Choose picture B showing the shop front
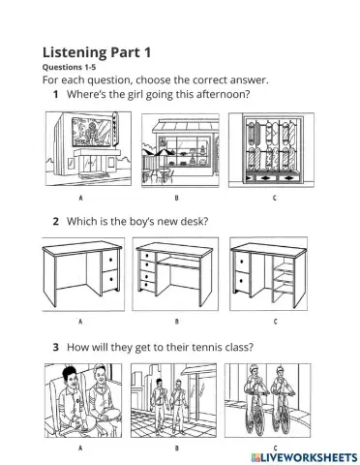(178, 149)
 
